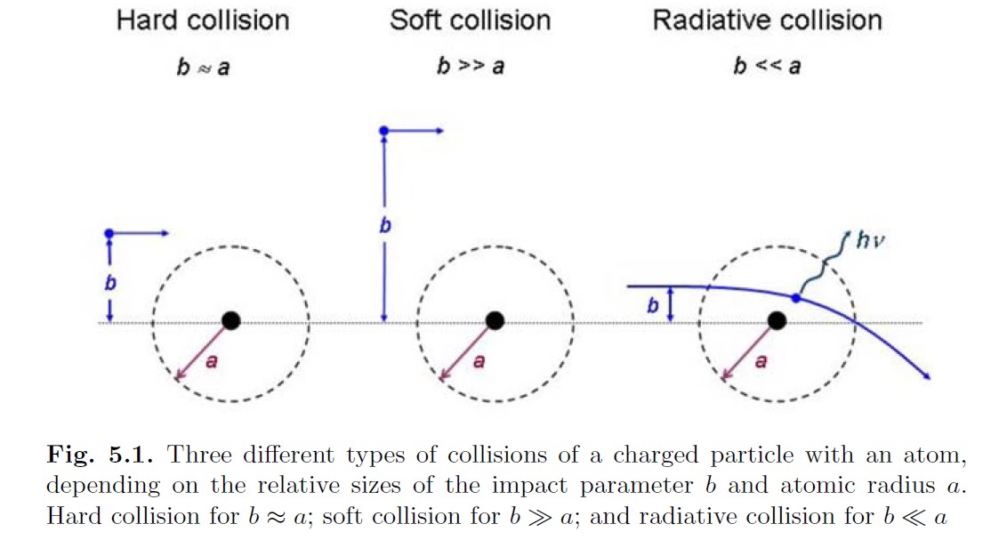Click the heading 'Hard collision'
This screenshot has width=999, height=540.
202,20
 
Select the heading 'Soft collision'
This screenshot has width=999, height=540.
470,20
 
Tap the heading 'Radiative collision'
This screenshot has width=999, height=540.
767,20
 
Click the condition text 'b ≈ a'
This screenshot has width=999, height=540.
202,68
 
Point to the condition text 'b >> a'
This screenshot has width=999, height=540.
470,68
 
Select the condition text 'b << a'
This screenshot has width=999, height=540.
766,68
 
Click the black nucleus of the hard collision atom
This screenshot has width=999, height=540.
231,320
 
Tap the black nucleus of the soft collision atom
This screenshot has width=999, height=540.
495,320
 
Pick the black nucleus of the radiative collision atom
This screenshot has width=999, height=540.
777,320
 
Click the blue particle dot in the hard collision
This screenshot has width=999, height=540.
109,233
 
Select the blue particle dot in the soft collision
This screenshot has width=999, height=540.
383,131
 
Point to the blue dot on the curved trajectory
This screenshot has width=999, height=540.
796,297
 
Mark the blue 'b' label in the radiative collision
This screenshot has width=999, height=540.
652,306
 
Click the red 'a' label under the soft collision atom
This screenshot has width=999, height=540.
479,363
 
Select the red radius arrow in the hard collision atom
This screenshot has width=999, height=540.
203,349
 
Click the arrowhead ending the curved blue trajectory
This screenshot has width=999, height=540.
927,376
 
